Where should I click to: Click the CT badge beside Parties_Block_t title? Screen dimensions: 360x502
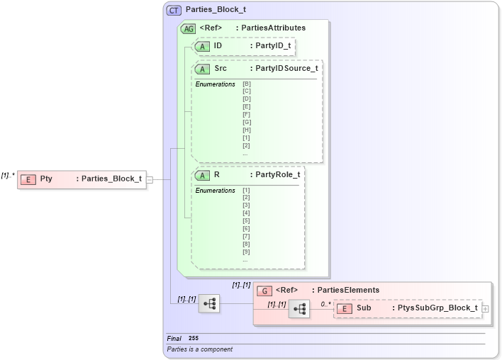click(x=174, y=11)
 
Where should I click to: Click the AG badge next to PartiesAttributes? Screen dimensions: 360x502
click(x=189, y=28)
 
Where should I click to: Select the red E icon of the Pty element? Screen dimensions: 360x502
click(x=28, y=179)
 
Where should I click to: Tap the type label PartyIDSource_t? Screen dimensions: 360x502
click(x=286, y=69)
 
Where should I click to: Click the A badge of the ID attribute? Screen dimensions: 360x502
click(x=203, y=45)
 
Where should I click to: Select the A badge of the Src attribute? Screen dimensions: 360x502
click(x=203, y=69)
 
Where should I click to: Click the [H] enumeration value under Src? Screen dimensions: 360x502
click(x=247, y=130)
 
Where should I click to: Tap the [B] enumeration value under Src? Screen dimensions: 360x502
click(x=247, y=84)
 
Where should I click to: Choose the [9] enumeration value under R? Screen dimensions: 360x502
click(x=246, y=252)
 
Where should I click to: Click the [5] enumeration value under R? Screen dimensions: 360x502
click(x=246, y=220)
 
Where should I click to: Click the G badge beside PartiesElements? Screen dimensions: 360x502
click(x=264, y=290)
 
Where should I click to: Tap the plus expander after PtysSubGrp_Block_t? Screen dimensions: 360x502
click(x=486, y=309)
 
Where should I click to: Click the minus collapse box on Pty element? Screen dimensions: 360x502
click(x=150, y=179)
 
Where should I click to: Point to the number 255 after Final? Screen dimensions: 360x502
click(x=194, y=339)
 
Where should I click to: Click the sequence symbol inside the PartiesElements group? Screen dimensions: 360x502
click(x=299, y=309)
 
